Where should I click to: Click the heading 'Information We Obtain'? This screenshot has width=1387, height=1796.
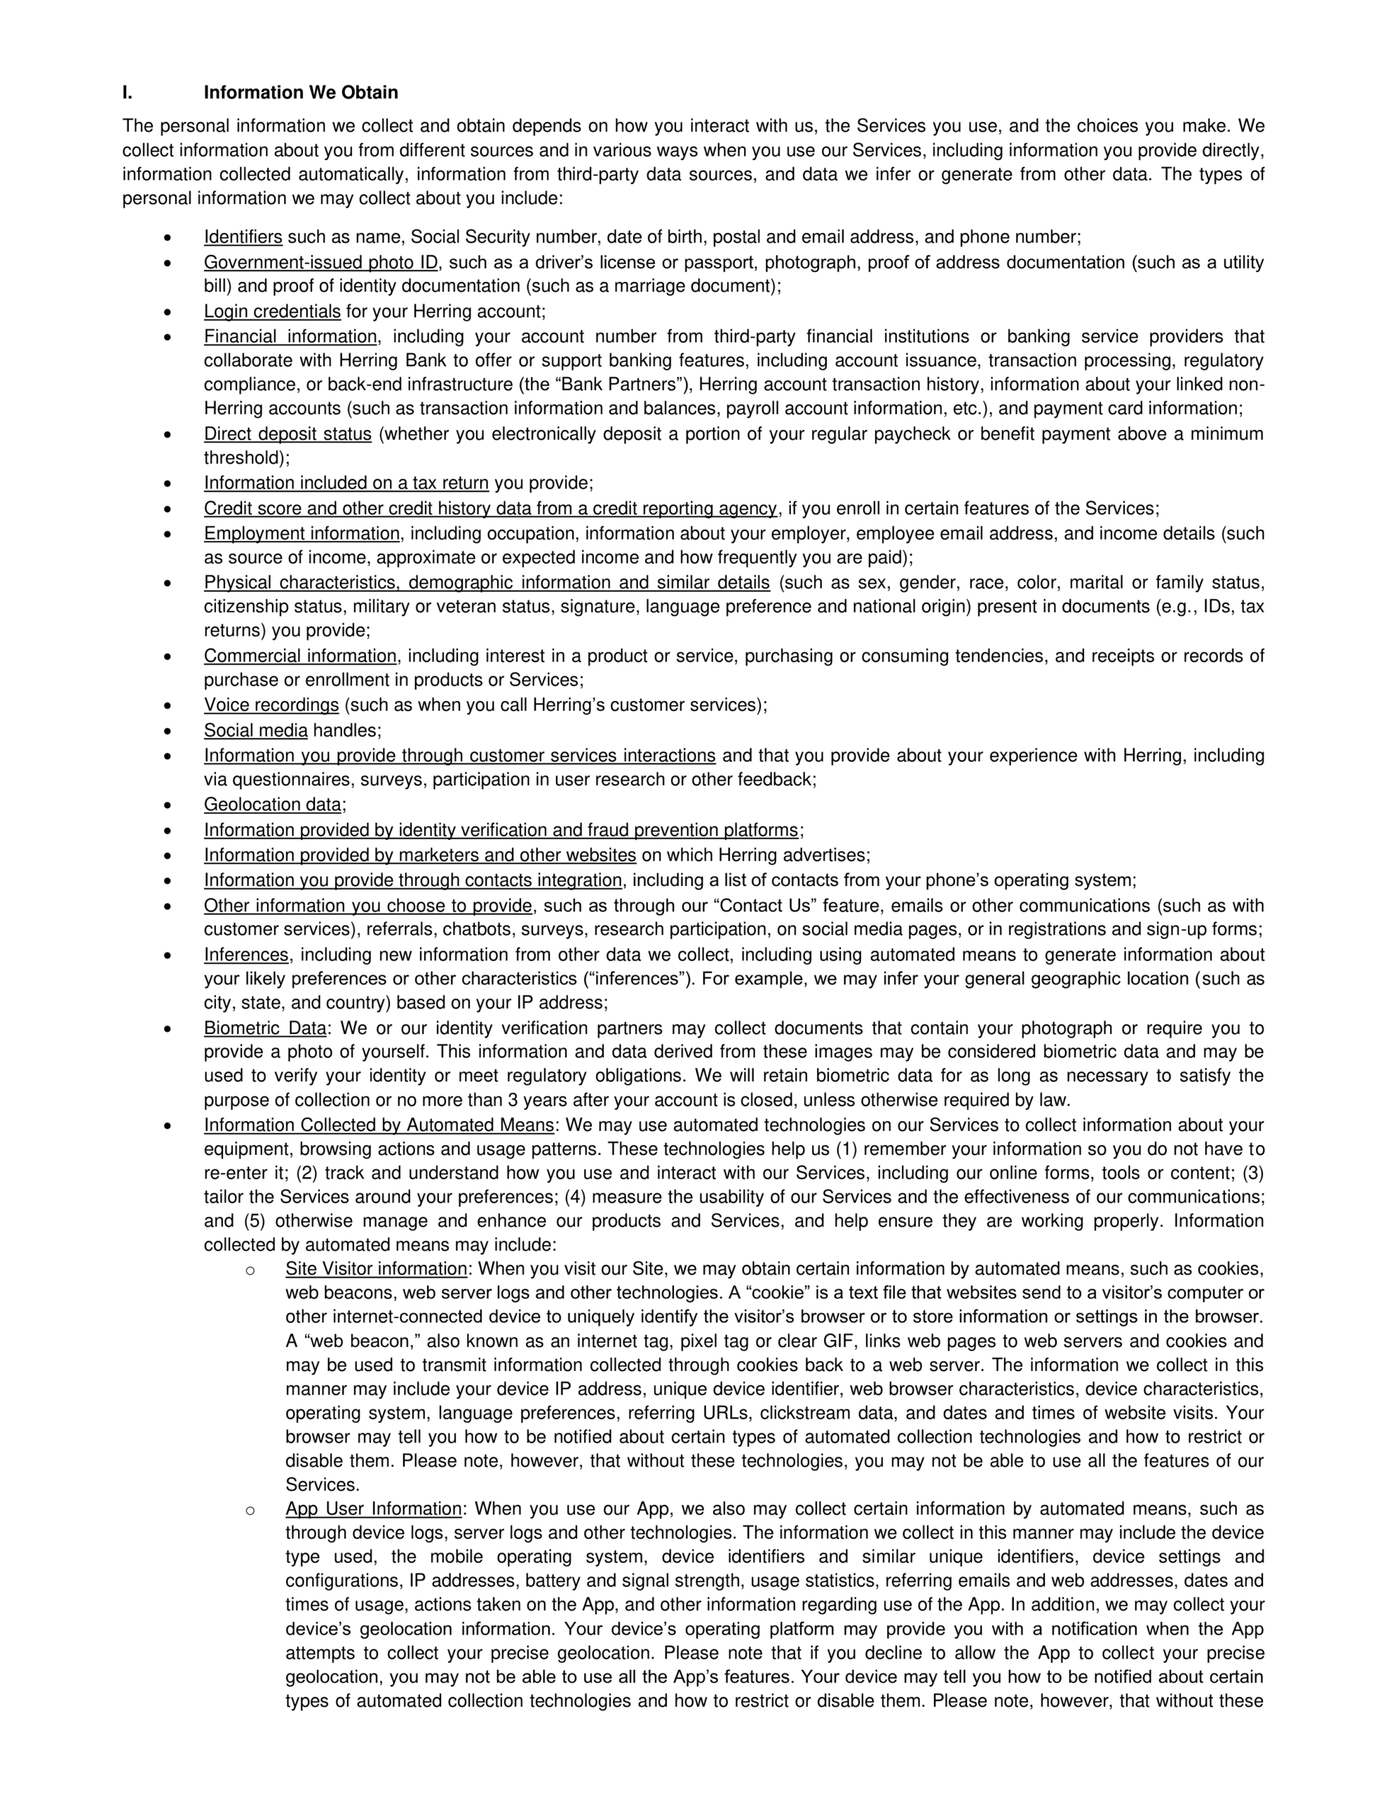pos(300,92)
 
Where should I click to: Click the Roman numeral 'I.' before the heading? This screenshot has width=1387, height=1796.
pos(128,92)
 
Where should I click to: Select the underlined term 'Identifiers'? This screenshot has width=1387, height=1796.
pos(243,238)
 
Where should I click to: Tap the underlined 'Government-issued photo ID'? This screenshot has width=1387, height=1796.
pos(320,263)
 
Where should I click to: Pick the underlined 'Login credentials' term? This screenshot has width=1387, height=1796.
pos(272,311)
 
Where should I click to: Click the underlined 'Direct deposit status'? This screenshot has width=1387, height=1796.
pos(287,434)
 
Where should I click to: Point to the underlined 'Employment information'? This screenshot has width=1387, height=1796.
pos(302,534)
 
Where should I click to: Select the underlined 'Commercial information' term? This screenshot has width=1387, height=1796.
pos(300,656)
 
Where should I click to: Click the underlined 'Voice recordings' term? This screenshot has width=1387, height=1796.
pos(271,706)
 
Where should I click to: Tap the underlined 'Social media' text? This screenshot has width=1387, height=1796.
pos(256,730)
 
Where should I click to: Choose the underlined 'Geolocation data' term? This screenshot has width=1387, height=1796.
pos(272,805)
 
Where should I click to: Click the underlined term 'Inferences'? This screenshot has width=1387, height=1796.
pos(247,955)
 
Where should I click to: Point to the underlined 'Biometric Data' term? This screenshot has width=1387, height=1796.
pos(265,1028)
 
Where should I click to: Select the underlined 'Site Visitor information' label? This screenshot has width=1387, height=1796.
pos(376,1269)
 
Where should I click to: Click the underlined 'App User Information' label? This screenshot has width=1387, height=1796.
pos(373,1509)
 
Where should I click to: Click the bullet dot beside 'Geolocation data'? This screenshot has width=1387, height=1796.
pos(168,806)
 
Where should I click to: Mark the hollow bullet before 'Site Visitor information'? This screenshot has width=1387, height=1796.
pos(250,1271)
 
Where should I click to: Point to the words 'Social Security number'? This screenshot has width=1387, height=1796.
pos(503,238)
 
